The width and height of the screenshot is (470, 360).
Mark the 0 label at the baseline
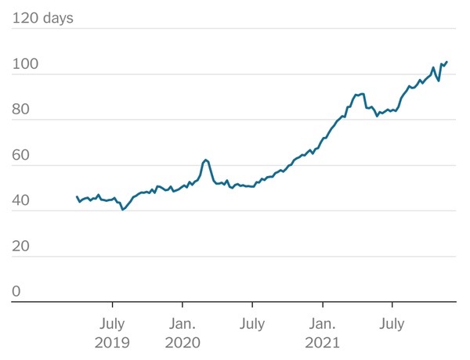[16, 292]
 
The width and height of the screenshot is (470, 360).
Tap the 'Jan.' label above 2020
[183, 323]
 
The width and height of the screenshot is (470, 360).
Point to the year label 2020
[183, 342]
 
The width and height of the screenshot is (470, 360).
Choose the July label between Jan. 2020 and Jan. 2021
[252, 323]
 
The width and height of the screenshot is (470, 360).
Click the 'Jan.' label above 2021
[323, 323]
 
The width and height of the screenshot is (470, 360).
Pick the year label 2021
[323, 342]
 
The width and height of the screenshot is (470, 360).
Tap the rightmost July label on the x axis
[392, 323]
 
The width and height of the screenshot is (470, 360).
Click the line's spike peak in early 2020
[205, 160]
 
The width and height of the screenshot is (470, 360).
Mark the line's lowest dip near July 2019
[122, 210]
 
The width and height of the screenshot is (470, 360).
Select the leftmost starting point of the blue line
[77, 196]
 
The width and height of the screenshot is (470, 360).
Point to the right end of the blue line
[446, 62]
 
